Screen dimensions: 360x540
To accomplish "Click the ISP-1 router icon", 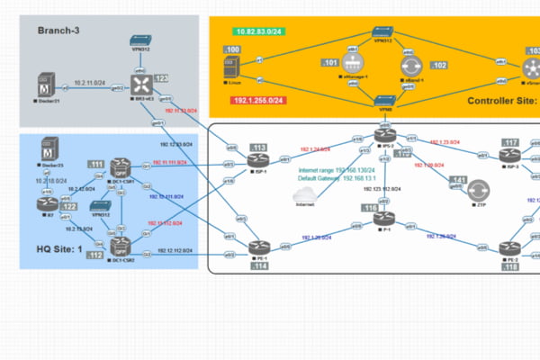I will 257,160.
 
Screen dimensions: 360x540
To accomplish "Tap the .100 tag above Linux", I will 232,49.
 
